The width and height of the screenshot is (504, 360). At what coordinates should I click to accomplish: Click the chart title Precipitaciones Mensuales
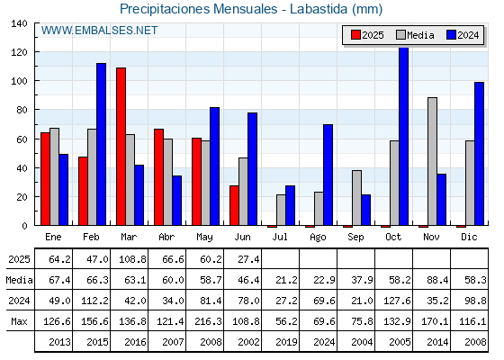pos(198,9)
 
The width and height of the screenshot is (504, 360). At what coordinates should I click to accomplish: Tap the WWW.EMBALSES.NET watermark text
pos(99,31)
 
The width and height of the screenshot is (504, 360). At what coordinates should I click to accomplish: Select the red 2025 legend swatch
pos(355,35)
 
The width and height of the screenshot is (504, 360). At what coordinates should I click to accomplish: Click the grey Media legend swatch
pos(401,35)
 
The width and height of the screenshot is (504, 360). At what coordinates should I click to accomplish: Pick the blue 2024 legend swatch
pos(451,35)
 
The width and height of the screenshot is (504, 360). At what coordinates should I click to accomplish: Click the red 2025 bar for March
pos(121,147)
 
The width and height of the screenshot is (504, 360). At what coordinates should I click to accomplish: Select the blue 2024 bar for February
pos(101,144)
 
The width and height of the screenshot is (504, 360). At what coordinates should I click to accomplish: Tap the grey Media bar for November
pos(432,161)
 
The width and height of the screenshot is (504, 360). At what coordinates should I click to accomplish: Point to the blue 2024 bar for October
pos(404,137)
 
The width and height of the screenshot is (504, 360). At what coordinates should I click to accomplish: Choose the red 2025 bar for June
pos(234,205)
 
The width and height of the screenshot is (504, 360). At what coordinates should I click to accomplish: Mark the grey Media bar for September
pos(356,198)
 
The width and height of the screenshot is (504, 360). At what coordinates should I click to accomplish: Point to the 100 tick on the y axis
pos(19,81)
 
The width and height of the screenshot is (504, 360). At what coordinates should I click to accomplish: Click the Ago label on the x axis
pos(318,238)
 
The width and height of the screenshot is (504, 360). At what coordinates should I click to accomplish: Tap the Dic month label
pos(469,237)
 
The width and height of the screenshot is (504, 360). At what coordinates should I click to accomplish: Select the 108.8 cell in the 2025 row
pos(132,259)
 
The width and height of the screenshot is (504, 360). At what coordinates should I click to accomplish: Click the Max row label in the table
pos(19,321)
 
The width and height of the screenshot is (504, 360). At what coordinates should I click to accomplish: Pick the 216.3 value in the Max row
pos(208,321)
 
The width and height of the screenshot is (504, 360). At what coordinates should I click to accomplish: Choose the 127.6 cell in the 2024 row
pos(397,301)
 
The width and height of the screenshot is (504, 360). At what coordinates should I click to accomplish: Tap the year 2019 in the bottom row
pos(286,342)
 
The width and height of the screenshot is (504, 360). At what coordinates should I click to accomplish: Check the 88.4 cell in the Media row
pos(437,280)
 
